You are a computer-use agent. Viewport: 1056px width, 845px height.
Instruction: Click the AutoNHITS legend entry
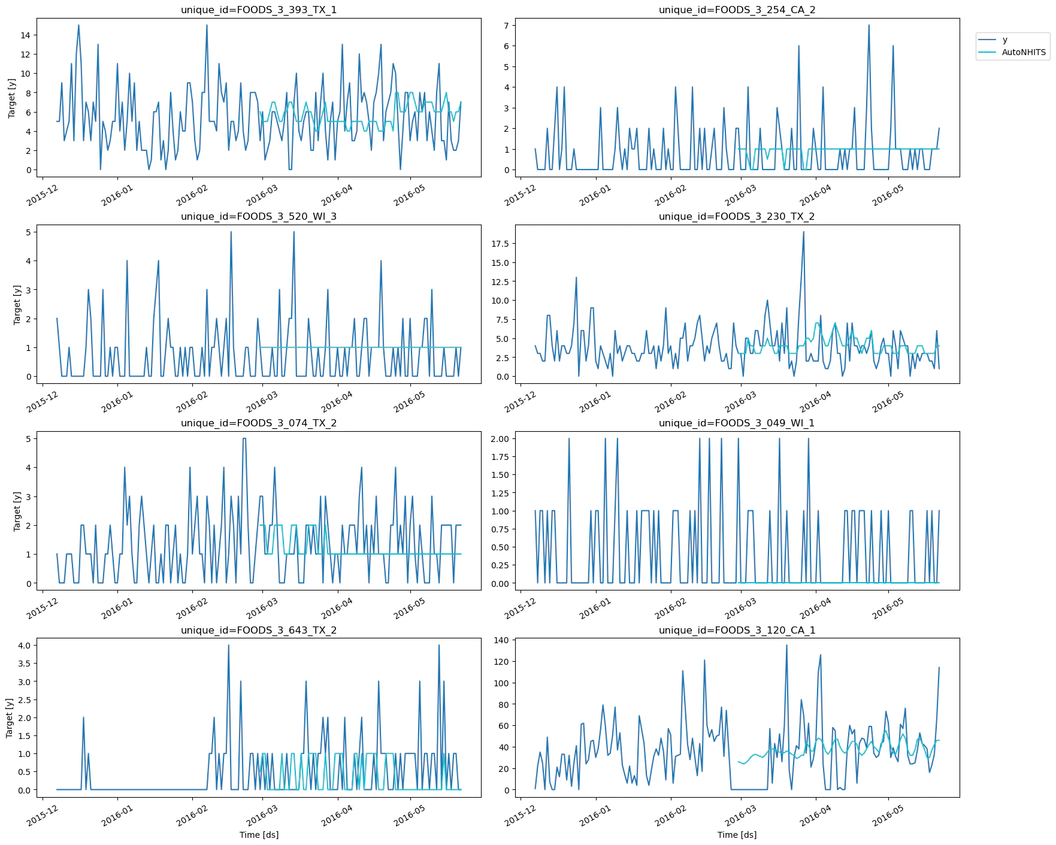click(x=1024, y=53)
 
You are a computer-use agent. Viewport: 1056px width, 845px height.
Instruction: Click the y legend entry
click(x=1005, y=40)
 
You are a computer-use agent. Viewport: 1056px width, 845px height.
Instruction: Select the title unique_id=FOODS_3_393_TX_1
click(x=259, y=10)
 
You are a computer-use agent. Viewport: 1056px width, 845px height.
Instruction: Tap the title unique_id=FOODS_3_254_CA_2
click(x=737, y=10)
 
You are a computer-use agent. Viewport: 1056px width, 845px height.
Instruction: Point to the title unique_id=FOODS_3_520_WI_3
click(x=259, y=217)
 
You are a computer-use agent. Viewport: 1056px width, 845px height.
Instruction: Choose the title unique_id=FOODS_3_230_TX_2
click(x=737, y=217)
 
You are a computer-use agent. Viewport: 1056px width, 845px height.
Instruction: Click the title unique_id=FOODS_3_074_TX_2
click(x=259, y=423)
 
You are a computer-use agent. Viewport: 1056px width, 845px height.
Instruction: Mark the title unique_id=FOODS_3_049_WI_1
click(x=737, y=423)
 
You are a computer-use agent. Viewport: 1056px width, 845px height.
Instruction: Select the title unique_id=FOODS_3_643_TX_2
click(x=259, y=631)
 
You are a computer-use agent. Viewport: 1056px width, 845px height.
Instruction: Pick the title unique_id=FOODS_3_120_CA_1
click(x=737, y=631)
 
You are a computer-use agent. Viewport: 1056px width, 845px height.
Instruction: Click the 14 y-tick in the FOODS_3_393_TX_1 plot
click(x=25, y=35)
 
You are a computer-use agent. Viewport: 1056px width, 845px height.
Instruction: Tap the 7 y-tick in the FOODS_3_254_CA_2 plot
click(x=506, y=25)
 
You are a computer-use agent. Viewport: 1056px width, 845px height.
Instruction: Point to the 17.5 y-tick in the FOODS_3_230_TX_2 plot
click(x=499, y=244)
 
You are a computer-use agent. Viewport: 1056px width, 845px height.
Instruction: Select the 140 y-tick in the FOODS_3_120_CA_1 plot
click(x=501, y=641)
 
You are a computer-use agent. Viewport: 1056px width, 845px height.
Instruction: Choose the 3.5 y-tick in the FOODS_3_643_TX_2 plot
click(x=25, y=664)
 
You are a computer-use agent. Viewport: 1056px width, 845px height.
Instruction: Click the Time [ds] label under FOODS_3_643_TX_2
click(x=259, y=835)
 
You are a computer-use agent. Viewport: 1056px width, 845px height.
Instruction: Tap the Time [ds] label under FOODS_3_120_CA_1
click(x=737, y=835)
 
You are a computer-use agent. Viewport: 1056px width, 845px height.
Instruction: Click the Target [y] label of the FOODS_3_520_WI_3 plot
click(x=17, y=304)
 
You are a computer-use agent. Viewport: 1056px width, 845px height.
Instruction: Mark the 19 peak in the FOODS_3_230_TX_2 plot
click(x=803, y=232)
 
